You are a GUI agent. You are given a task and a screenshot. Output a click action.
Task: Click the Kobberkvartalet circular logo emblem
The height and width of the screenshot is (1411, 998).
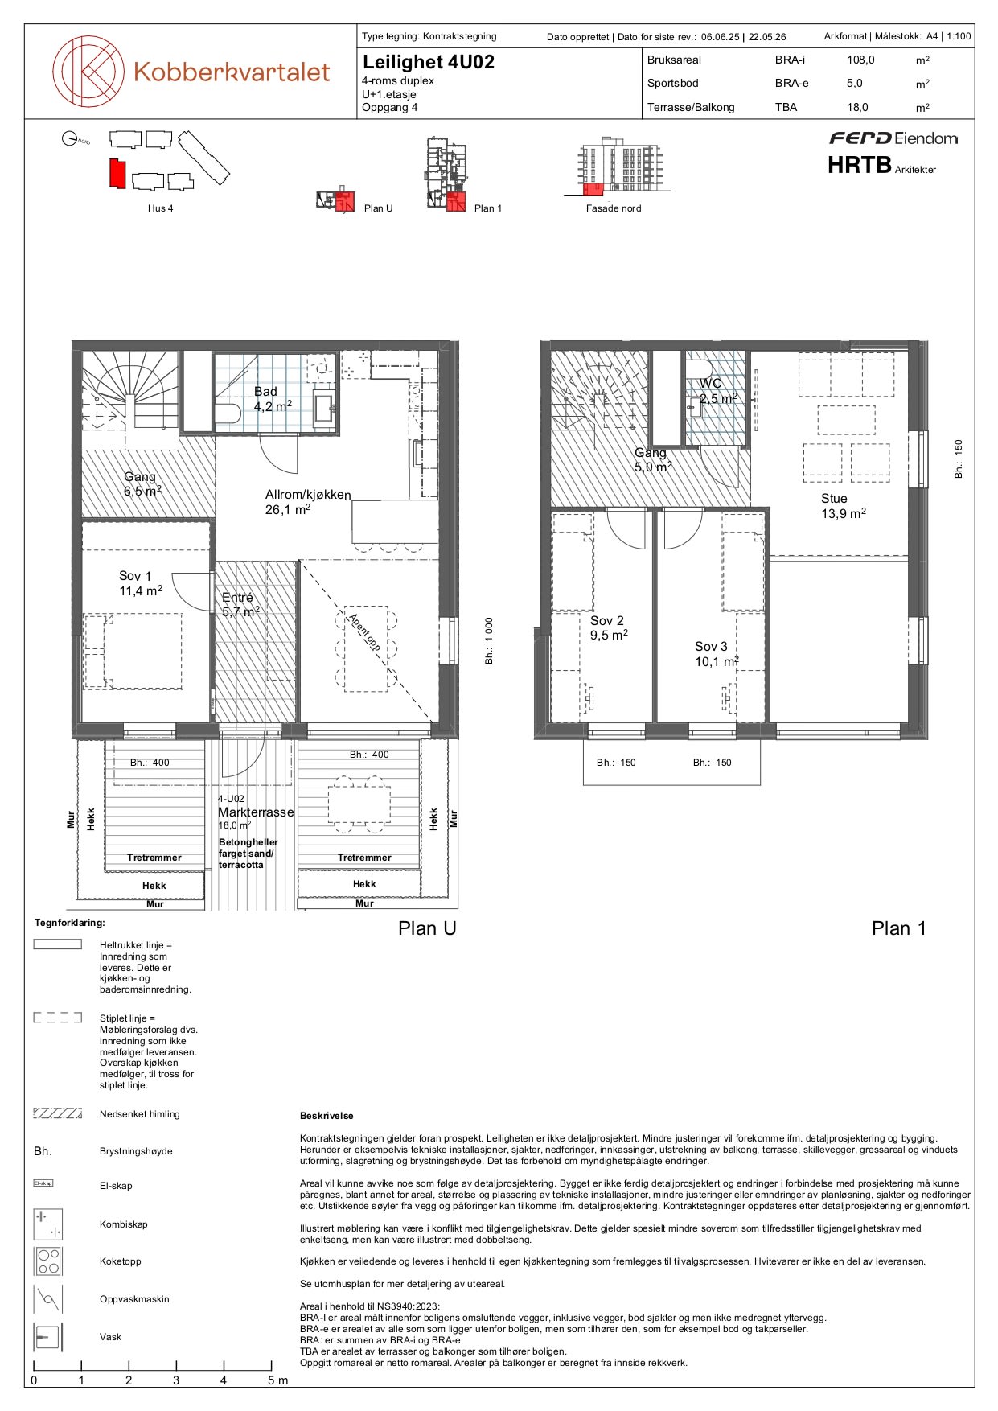coord(88,72)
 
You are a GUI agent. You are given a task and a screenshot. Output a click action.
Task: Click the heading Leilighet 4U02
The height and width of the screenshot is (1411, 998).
coord(429,62)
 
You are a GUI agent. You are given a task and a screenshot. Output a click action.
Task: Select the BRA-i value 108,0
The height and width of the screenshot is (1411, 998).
coord(860,60)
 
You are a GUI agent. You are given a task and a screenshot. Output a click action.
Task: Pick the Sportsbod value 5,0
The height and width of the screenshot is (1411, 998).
coord(854,83)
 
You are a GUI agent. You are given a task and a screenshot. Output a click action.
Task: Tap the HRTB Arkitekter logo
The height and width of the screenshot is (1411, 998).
coord(881,165)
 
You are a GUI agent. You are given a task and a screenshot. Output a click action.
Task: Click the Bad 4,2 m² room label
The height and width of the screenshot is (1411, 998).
coord(273,399)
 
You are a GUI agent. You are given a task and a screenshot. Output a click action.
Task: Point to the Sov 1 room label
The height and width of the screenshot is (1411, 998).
coord(141,583)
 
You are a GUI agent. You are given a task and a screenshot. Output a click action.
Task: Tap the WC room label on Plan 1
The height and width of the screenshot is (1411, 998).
coord(717,391)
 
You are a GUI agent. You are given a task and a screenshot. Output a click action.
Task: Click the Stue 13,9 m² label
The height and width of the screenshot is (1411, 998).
coord(844,506)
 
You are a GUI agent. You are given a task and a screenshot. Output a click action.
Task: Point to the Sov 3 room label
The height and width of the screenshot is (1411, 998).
coord(717,654)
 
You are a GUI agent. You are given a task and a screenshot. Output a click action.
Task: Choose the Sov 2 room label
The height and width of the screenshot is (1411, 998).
coord(609,627)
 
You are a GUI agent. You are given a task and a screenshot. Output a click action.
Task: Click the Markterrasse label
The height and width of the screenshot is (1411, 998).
coord(256,812)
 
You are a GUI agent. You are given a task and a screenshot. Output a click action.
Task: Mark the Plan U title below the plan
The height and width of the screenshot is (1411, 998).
coord(427,928)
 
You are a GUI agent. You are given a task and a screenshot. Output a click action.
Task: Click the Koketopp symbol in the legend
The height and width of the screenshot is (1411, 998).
coord(47,1261)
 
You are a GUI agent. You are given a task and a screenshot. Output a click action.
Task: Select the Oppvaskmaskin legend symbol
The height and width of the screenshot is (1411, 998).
coord(47,1299)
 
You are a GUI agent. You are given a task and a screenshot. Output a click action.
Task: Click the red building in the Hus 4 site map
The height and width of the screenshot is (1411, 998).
coord(117,174)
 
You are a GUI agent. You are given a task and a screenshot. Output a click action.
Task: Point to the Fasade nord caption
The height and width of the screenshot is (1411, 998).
coord(614,208)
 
